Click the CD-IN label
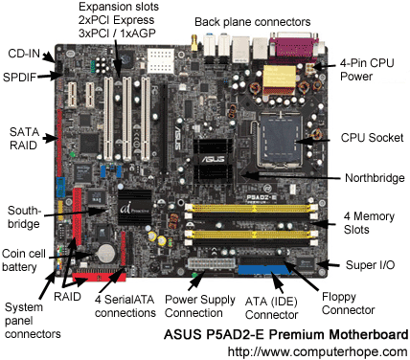coord(24,54)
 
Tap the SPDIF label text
coord(19,78)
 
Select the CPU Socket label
coord(372,138)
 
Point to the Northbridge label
coord(375,178)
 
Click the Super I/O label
coord(370,265)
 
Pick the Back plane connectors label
coord(253,22)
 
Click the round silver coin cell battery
coord(106,253)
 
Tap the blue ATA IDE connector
coord(264,270)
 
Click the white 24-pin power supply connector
coord(212,263)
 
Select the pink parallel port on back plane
coord(294,47)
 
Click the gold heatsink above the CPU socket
coord(279,80)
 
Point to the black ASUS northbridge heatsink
coord(213,161)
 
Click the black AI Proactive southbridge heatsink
coord(134,208)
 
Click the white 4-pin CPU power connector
coord(309,69)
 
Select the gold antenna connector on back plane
coord(194,43)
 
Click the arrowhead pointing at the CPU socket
coord(300,142)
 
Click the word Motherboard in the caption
coord(369,334)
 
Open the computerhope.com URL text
coord(317,351)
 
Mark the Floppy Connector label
coord(348,304)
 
